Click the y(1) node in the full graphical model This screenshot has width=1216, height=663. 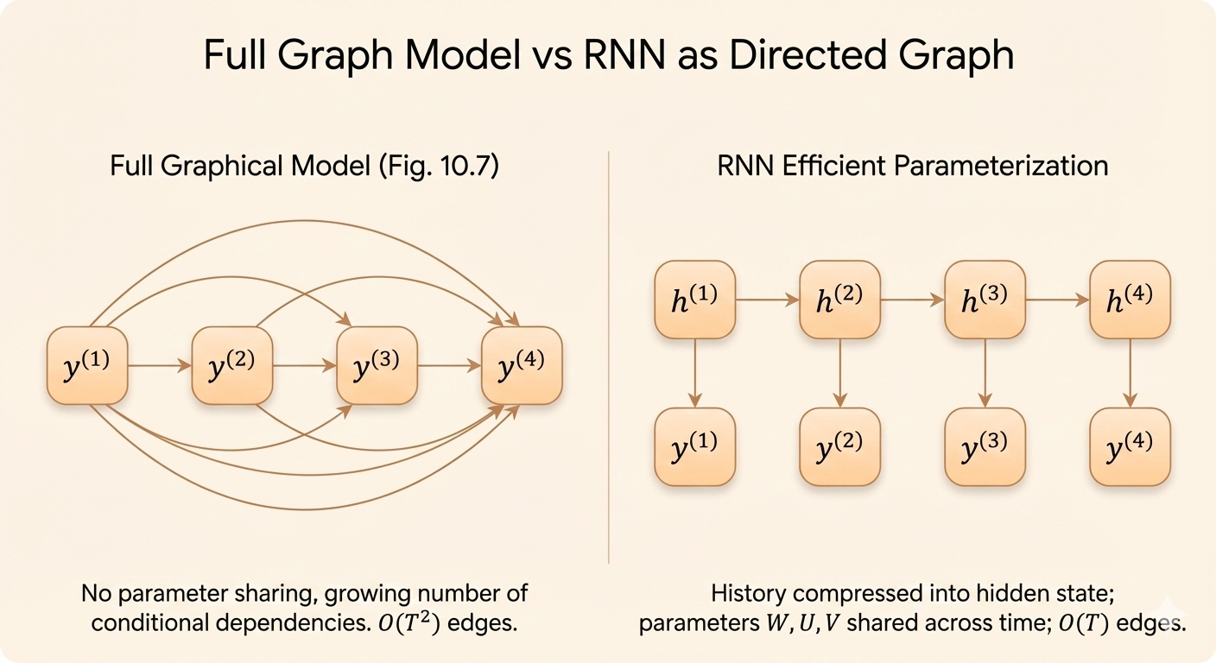[x=87, y=365]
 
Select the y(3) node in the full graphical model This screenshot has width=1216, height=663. [x=377, y=365]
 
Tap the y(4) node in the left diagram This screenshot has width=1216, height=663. [x=522, y=365]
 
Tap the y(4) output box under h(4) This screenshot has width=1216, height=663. [x=1130, y=446]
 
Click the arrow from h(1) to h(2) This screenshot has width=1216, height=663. [x=768, y=299]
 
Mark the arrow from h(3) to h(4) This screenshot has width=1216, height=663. [x=1058, y=299]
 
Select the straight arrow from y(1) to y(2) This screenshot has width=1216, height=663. [x=160, y=366]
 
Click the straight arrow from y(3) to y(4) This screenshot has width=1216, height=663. [x=450, y=366]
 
